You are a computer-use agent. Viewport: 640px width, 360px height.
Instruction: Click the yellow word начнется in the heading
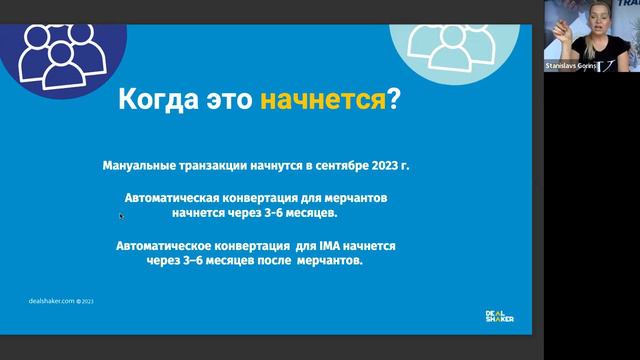pos(323,100)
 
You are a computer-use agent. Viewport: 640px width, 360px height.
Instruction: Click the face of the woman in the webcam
pos(584,22)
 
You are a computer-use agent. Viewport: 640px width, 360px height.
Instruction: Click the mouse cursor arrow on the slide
pos(121,215)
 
